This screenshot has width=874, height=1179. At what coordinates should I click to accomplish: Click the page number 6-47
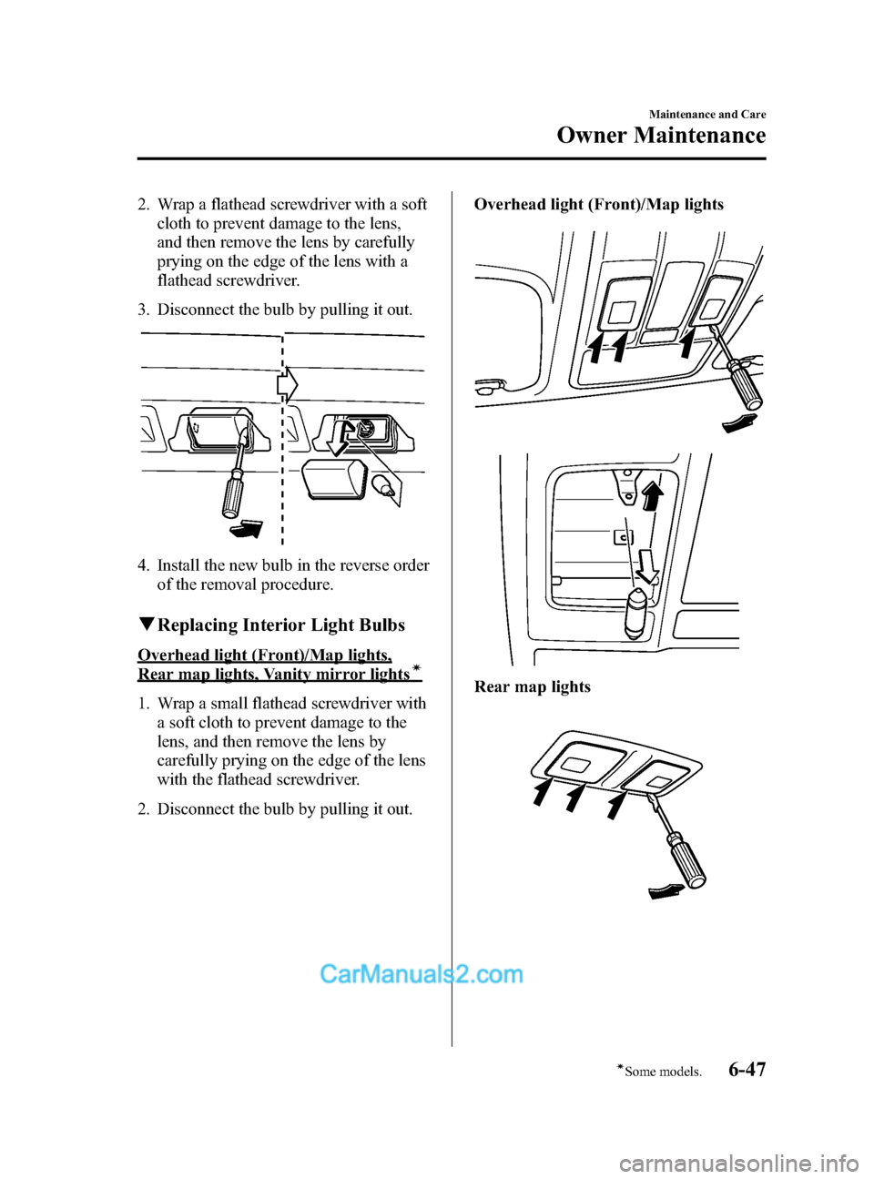click(x=747, y=1069)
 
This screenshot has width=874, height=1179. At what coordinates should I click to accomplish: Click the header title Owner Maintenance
click(x=661, y=136)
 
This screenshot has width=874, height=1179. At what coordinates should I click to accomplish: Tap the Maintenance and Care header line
click(x=706, y=114)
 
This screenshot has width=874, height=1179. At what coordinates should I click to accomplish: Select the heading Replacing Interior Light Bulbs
click(x=280, y=625)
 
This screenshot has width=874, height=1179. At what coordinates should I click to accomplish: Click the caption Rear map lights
click(x=532, y=686)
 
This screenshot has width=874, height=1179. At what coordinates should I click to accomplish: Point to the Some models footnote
click(x=660, y=1072)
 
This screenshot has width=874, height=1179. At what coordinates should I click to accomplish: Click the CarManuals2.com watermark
click(x=422, y=974)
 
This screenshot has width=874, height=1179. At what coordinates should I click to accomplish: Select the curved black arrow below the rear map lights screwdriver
click(x=666, y=891)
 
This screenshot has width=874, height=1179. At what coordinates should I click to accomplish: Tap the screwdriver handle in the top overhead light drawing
click(x=746, y=385)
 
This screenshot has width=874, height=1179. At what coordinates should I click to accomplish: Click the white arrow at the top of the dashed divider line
click(x=288, y=385)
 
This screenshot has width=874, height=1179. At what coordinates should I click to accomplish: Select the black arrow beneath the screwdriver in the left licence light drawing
click(x=246, y=529)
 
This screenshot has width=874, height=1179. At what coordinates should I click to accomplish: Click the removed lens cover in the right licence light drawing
click(x=335, y=479)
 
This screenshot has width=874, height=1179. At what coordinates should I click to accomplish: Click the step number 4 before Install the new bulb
click(x=143, y=565)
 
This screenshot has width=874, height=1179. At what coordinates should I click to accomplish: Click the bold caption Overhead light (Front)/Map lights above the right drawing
click(x=598, y=204)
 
